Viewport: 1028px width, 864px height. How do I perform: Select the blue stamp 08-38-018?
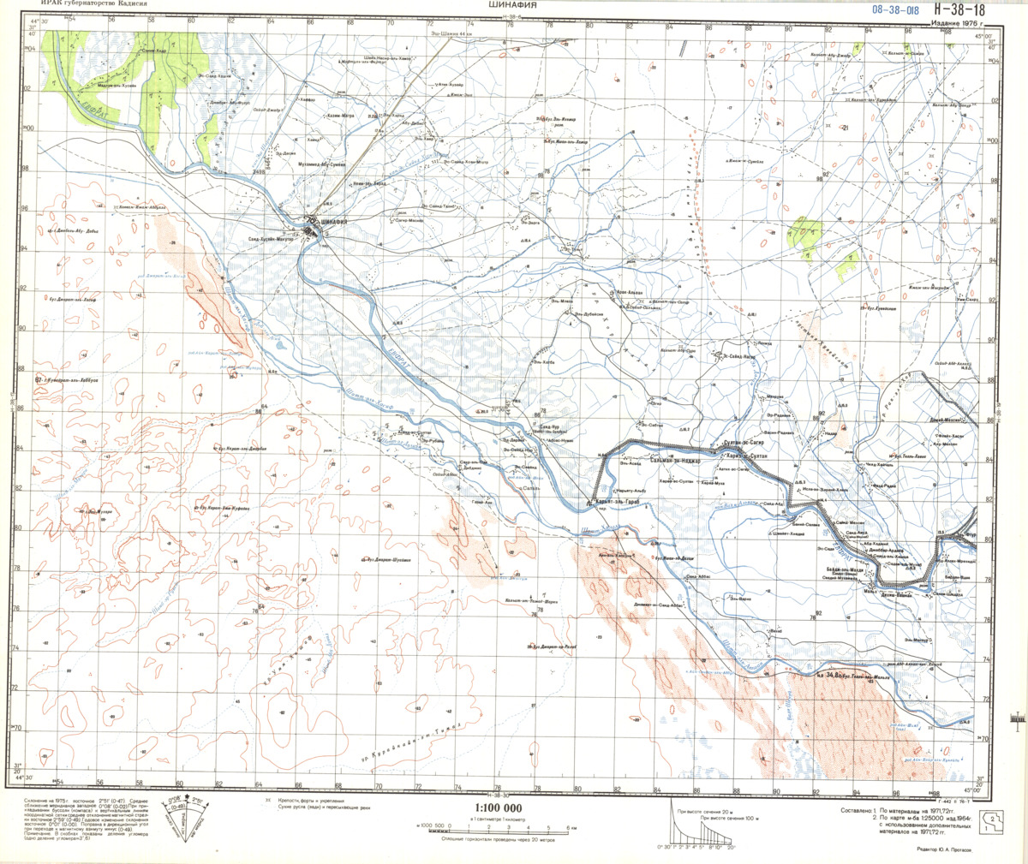(894, 10)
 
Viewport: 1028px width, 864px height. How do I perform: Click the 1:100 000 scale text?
(498, 807)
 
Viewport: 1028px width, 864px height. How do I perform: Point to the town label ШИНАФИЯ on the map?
(332, 222)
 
